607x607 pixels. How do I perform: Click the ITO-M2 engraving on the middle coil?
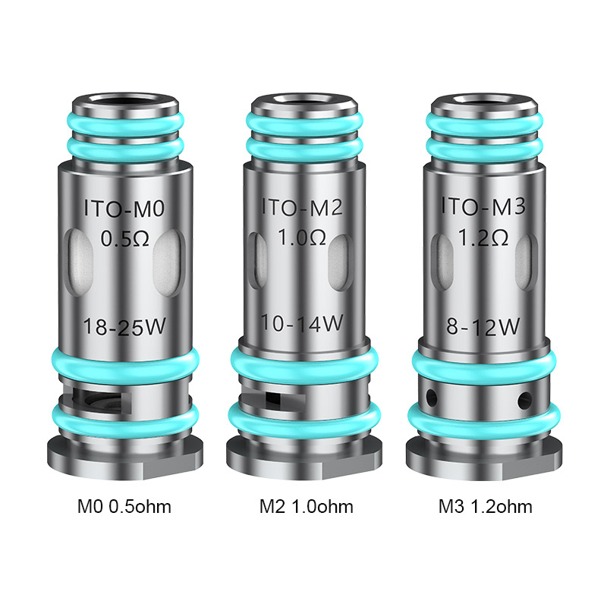point(303,206)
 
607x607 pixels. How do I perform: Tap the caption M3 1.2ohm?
point(484,506)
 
